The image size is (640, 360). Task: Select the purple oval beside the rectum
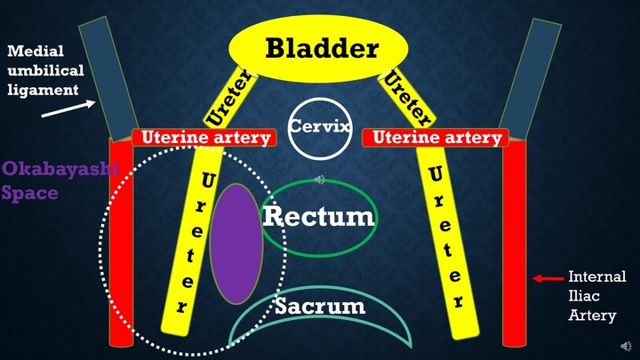click(236, 242)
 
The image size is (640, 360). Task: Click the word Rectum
click(318, 215)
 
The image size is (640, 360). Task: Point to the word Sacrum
click(319, 307)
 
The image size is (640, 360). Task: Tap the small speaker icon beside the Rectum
click(320, 179)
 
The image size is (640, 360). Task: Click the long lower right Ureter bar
click(449, 240)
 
